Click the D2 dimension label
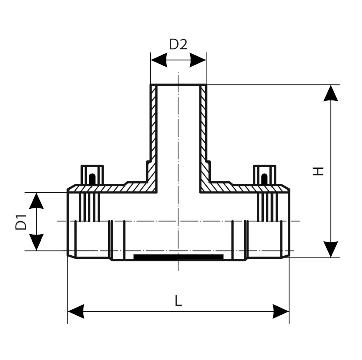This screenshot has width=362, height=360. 178,45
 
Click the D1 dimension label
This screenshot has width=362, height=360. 21,221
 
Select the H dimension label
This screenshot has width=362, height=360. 318,171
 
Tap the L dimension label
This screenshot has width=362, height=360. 178,301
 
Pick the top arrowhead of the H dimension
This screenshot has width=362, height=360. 330,94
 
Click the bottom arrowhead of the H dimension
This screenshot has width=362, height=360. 330,248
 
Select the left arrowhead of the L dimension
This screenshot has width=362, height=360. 76,311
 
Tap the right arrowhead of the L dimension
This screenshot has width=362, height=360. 280,311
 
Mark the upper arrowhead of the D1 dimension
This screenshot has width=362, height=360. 36,200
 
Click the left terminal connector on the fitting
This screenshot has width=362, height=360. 92,175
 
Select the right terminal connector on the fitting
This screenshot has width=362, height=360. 264,175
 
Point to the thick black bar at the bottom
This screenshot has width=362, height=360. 178,257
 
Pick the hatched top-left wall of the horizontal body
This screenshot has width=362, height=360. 126,188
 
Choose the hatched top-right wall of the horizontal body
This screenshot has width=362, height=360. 231,188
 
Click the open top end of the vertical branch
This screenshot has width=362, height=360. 178,85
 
